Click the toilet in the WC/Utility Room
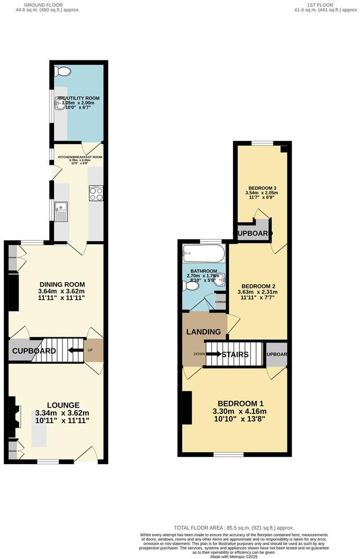pos(62,72)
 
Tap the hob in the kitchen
pos(96,194)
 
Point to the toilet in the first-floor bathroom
pos(191,286)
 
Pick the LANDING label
pos(203,332)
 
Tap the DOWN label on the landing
pos(199,354)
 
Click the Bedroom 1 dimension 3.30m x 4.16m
pos(239,412)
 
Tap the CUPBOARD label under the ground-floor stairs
pos(34,351)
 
